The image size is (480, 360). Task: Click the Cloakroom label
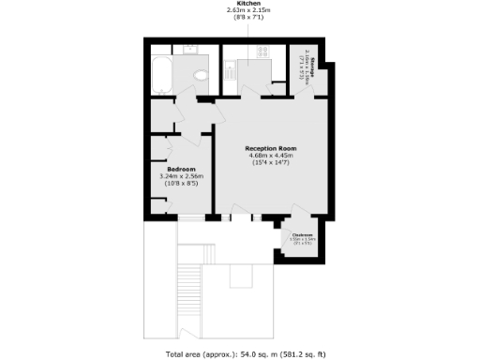pos(302,234)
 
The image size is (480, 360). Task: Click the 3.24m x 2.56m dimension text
pos(181,175)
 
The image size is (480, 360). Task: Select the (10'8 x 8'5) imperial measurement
pos(181,183)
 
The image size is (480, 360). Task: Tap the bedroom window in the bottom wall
pos(193,217)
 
